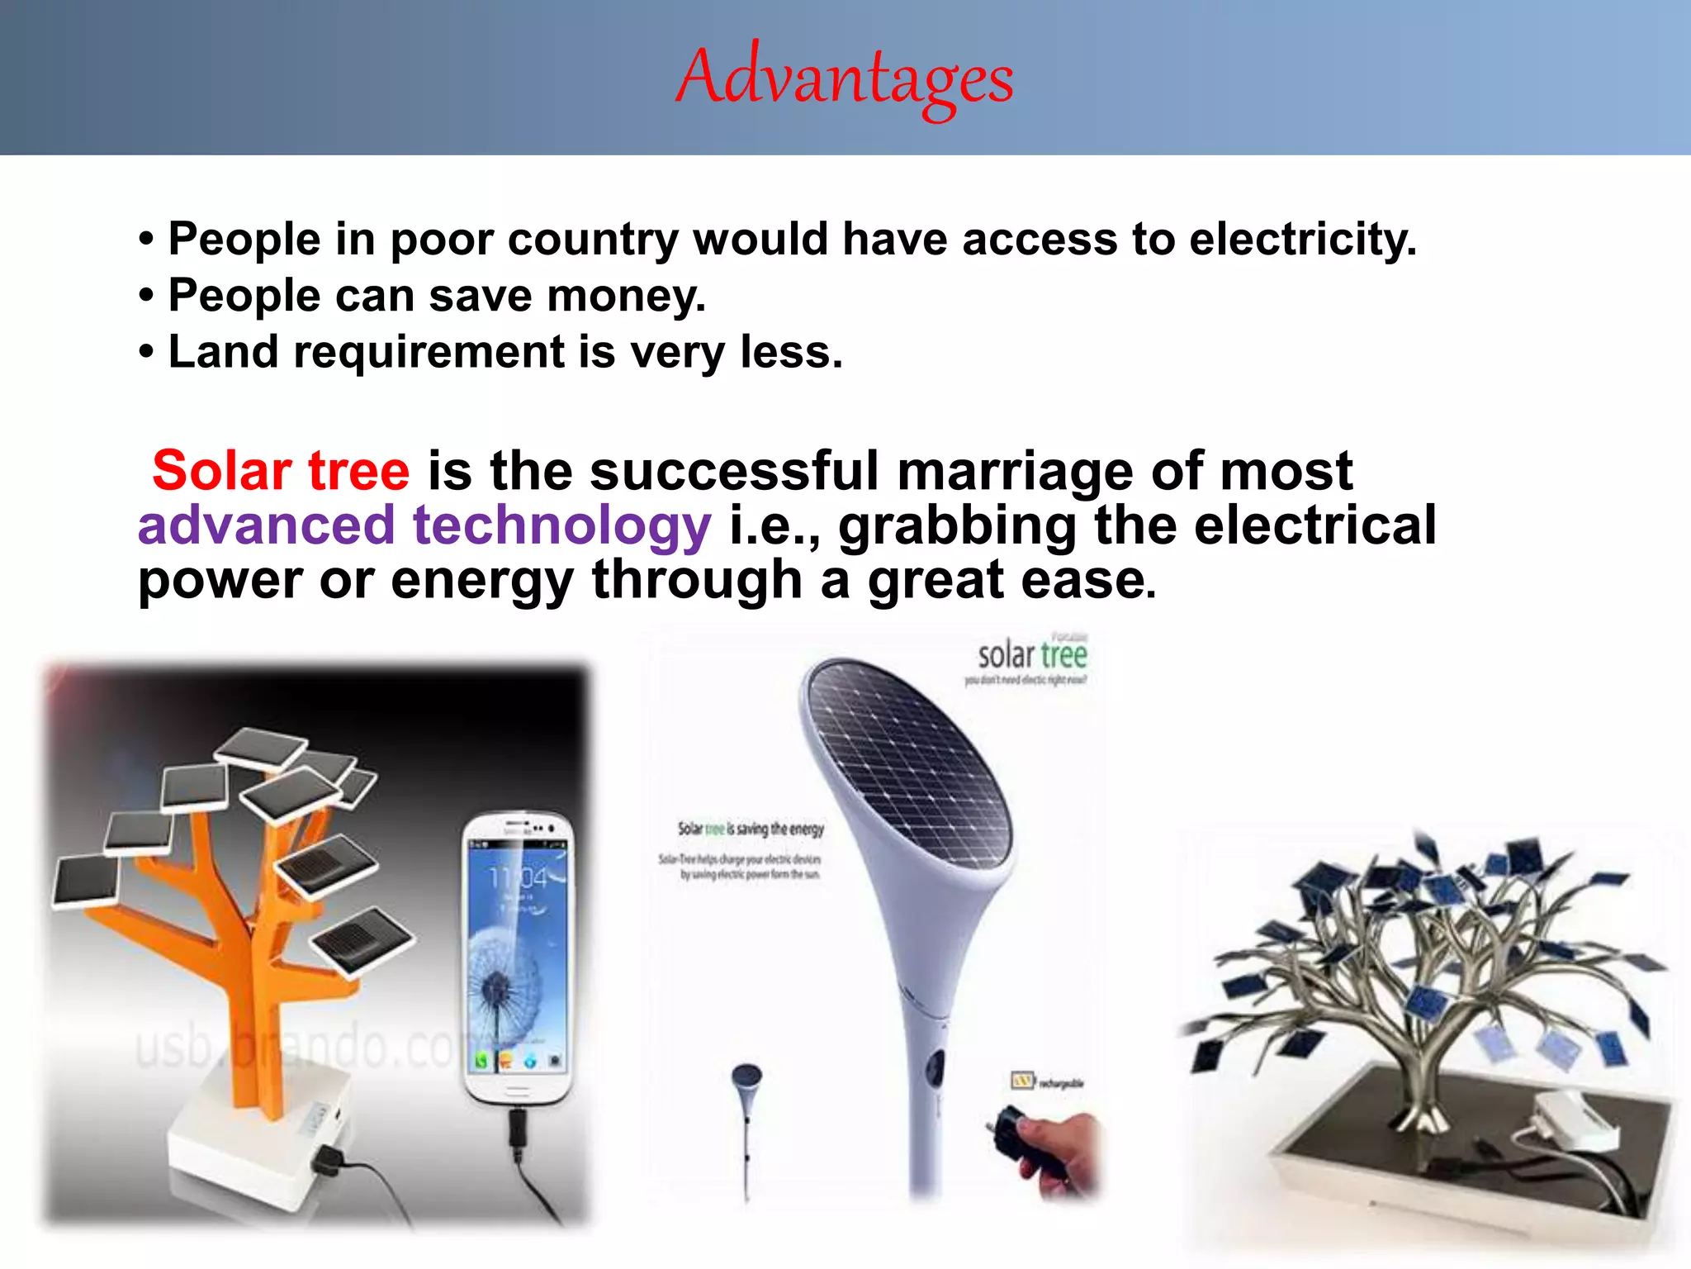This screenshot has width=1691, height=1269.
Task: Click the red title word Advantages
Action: pos(845,78)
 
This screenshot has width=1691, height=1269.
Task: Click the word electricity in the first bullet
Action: pos(1302,240)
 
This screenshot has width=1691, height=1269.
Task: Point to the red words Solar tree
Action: pos(281,471)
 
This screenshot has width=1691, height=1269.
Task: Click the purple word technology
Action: pos(561,525)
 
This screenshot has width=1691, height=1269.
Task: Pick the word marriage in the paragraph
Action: pos(1015,471)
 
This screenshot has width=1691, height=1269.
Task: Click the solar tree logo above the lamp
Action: pos(1032,657)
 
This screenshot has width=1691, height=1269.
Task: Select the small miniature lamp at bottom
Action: pos(747,1115)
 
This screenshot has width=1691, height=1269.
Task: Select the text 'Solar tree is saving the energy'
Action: pos(751,829)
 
